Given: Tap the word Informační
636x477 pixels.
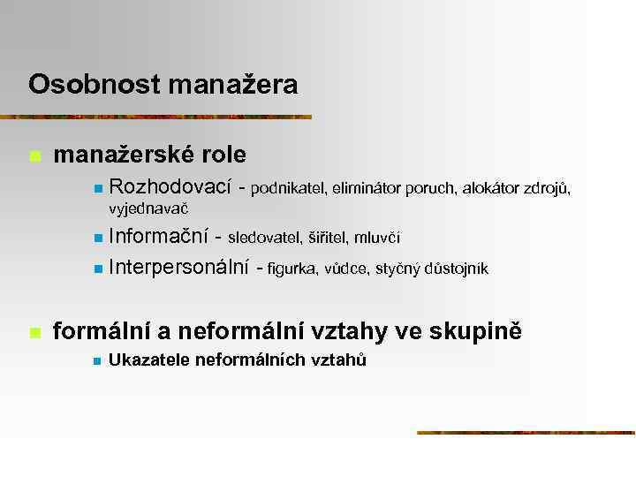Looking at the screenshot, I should pos(158,237).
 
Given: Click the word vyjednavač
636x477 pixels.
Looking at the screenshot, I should pos(148,209).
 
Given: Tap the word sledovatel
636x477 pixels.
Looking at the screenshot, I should pos(263,238).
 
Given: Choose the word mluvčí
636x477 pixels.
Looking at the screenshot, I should pos(377,238).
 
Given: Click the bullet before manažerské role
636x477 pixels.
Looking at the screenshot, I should pos(34,156).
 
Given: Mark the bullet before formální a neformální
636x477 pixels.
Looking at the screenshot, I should pos(34,333).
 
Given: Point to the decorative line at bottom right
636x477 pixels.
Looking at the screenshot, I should pos(526,433).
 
